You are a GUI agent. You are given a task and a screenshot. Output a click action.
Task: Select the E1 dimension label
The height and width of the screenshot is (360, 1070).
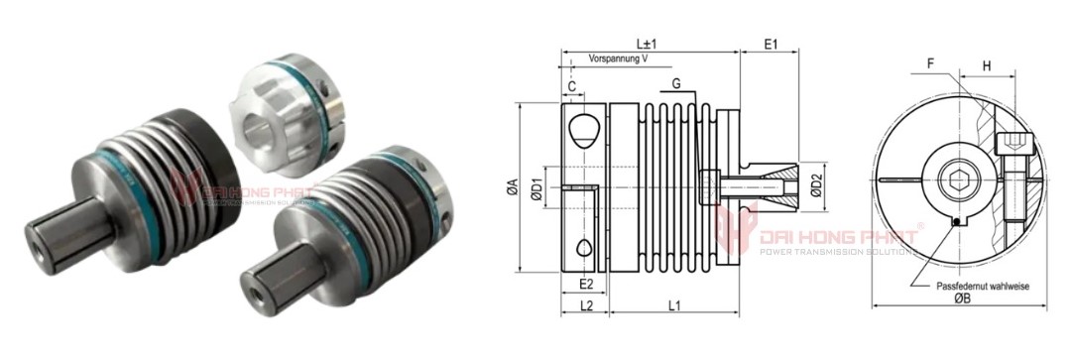[x=770, y=45]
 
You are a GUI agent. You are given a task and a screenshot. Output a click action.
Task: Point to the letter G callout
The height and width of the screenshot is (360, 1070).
[x=675, y=85]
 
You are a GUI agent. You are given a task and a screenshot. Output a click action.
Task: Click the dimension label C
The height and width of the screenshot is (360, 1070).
[x=573, y=86]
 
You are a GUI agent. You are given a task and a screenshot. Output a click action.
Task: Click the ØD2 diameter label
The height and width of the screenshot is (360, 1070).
[x=817, y=186]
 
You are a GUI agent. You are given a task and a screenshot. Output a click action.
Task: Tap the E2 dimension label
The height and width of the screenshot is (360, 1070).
[x=585, y=284]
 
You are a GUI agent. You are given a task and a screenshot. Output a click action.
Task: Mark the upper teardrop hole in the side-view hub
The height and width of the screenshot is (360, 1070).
[x=585, y=126]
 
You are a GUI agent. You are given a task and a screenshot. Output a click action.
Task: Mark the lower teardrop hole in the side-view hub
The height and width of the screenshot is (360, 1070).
[x=585, y=247]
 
